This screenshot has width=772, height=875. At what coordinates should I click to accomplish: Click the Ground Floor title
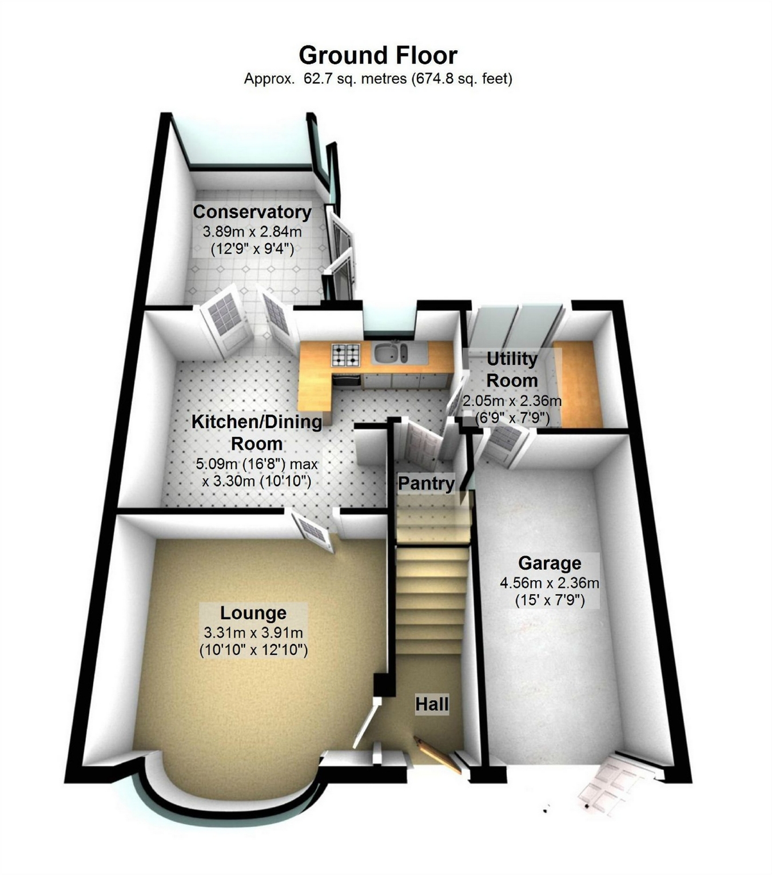coord(377,56)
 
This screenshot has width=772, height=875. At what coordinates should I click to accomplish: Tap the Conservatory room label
coord(252,212)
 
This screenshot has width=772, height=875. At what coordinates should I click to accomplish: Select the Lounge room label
coord(253,613)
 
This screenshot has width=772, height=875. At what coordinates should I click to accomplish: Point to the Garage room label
coord(550,563)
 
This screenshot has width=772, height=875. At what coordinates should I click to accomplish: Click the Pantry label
coord(426,483)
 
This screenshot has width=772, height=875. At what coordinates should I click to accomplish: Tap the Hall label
coord(432,704)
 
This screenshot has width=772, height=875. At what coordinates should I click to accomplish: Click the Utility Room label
coord(512,370)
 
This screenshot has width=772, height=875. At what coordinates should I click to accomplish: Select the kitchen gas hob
coord(346,354)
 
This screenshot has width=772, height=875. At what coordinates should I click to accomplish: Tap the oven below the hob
coord(347,380)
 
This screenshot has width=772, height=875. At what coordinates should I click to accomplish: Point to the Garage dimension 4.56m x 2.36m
coord(550,583)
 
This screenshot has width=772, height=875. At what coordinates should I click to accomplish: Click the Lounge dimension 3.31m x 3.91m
coord(253,633)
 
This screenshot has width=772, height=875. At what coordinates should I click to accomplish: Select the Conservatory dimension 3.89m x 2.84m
coord(252,232)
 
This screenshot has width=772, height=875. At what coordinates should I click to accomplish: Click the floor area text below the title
coord(378,78)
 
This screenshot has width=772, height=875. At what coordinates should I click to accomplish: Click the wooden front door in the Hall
coord(437,755)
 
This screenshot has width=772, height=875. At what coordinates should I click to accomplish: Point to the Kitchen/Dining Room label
coord(257,432)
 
